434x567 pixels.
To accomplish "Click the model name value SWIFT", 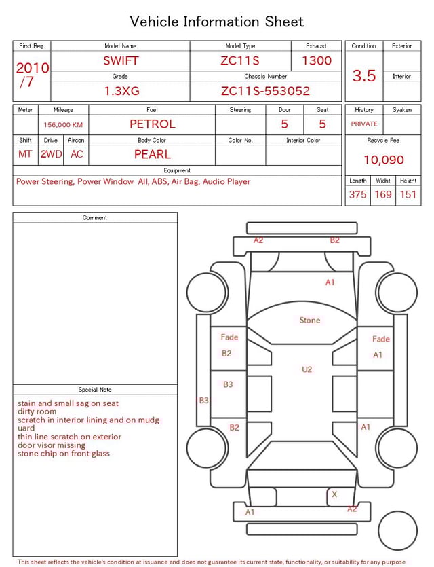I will tap(121, 60).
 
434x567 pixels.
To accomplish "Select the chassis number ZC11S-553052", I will tap(265, 91).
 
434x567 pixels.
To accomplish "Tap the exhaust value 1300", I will tap(317, 60).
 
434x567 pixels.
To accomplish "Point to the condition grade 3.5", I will tap(364, 76).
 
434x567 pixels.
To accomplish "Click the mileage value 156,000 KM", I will tap(63, 125).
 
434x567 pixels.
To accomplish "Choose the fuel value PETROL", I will tap(152, 124).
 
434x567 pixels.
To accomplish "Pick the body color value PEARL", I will tap(152, 154).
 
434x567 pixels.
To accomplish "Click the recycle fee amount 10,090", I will tap(384, 160).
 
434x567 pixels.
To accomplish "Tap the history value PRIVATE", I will tap(364, 124).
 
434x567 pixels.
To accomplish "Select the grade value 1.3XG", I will tap(120, 91).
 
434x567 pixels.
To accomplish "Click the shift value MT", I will tap(25, 154).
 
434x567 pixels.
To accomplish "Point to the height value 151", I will tap(408, 195).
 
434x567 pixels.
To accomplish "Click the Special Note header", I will tap(95, 390).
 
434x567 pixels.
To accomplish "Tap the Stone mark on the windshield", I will tap(310, 320).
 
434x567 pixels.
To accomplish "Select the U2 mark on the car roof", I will tap(307, 369).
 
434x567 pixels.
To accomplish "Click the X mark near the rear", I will tap(334, 495).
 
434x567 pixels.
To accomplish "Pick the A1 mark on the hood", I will tap(330, 282).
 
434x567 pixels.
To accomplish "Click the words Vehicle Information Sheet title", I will tap(217, 22).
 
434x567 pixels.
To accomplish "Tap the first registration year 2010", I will tap(32, 68).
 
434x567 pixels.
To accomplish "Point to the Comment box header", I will tap(95, 218).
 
